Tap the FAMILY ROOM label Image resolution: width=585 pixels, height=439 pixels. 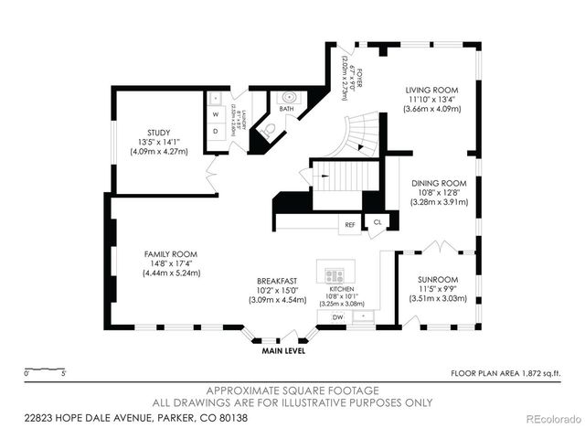tap(171, 254)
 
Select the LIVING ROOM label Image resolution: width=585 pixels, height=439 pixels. tap(432, 90)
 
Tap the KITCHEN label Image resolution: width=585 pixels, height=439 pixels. tap(340, 288)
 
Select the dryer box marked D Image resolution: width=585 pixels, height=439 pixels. tap(216, 131)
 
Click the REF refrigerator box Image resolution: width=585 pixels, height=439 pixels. tap(349, 224)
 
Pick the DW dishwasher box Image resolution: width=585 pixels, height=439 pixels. tap(337, 316)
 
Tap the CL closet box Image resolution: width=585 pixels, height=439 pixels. tap(377, 221)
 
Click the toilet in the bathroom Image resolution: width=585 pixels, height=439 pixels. tap(269, 131)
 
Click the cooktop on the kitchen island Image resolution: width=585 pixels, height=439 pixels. tap(334, 274)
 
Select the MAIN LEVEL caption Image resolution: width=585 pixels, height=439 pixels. tap(284, 350)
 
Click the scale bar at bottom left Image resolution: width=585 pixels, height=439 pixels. tap(45, 369)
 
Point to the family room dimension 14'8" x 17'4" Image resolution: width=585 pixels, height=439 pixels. tap(171, 263)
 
